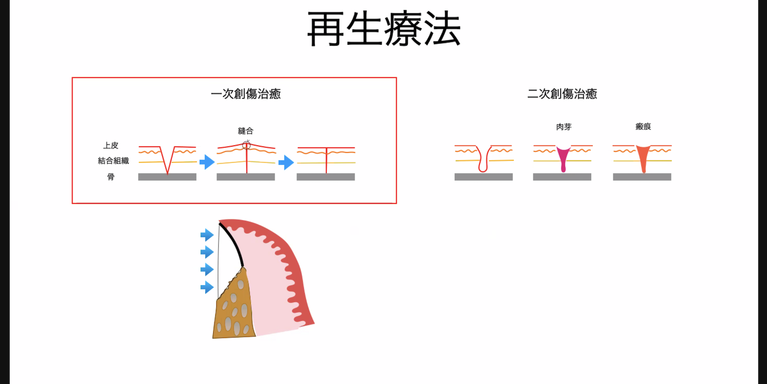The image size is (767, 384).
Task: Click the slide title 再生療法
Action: point(383,29)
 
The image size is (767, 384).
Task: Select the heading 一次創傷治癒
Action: point(245,94)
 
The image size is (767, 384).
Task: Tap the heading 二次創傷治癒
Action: point(562,94)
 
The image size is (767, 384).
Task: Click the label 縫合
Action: point(245,131)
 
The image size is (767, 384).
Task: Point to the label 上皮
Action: point(110,146)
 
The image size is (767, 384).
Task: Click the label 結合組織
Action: point(113,161)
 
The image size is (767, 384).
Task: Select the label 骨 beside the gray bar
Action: point(110,177)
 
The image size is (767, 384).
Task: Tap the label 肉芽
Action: point(564,127)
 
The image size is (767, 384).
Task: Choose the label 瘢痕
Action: point(643,127)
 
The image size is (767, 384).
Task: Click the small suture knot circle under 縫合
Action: point(247,146)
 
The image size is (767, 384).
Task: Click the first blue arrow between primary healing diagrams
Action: point(207,162)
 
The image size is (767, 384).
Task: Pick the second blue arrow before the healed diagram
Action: point(286,162)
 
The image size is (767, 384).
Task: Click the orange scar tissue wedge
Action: point(643,157)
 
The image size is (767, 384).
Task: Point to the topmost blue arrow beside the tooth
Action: point(207,235)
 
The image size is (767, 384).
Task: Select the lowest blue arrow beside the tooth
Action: point(207,288)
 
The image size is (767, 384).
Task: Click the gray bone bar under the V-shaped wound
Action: point(167,177)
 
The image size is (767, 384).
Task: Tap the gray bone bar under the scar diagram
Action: point(642,177)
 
